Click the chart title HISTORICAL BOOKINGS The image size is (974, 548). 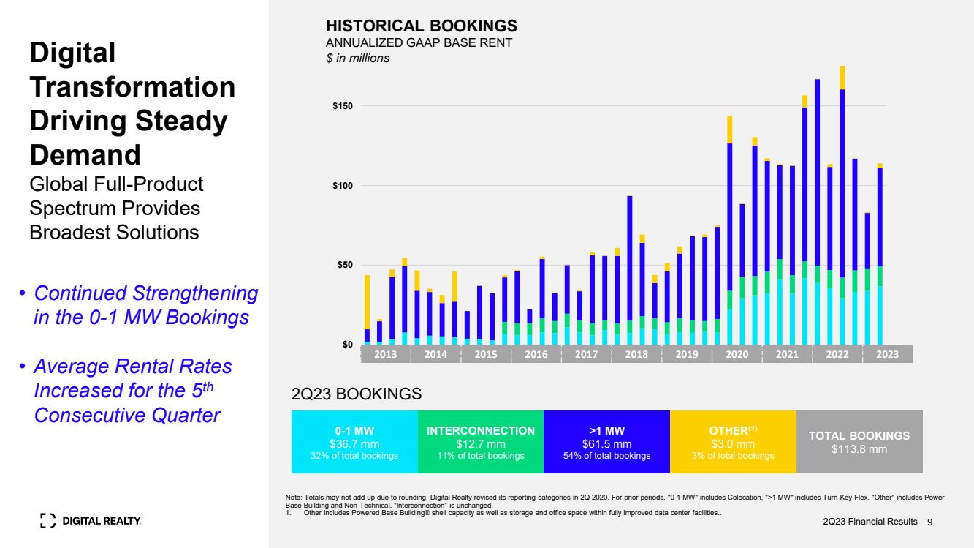(421, 26)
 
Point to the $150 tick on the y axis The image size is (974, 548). (343, 106)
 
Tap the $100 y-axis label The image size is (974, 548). (343, 186)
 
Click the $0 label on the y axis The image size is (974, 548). (348, 344)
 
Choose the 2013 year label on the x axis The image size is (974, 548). (385, 354)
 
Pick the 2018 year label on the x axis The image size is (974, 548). (636, 354)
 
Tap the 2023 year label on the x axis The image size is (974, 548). (887, 354)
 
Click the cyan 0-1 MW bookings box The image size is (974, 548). (354, 442)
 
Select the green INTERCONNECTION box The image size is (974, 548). (480, 442)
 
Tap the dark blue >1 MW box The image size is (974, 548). (606, 442)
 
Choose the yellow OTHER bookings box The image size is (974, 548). (733, 442)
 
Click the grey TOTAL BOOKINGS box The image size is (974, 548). (859, 442)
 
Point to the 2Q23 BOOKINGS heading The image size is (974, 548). (357, 394)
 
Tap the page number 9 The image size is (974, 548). (930, 522)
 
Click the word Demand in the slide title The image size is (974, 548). (85, 155)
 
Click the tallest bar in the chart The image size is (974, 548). (842, 205)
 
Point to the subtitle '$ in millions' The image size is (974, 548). (357, 58)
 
